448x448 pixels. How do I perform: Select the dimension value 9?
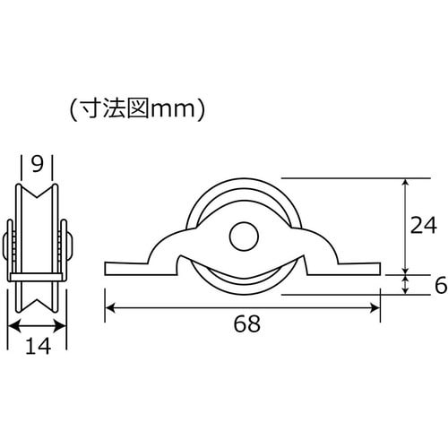pyautogui.click(x=38, y=165)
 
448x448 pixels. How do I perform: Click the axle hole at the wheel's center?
pyautogui.click(x=242, y=237)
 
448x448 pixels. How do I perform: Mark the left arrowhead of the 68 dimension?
pyautogui.click(x=110, y=307)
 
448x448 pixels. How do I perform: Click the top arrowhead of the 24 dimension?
pyautogui.click(x=406, y=182)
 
